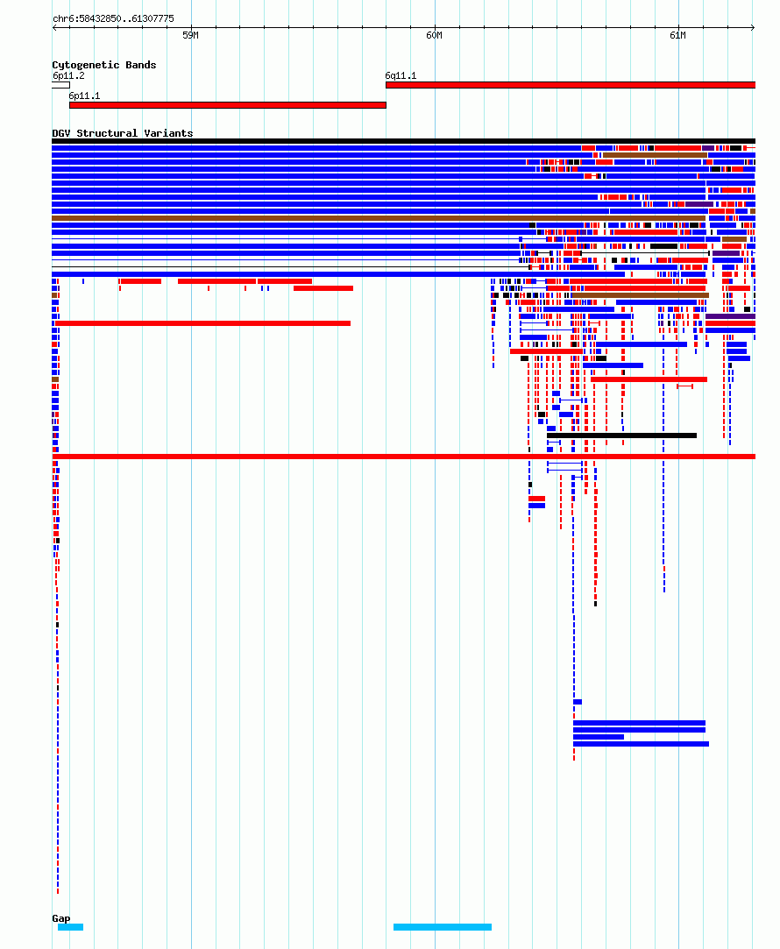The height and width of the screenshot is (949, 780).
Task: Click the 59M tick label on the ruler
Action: click(190, 36)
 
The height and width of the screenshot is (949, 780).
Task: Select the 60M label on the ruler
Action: click(434, 36)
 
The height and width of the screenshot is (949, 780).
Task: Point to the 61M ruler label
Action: click(677, 36)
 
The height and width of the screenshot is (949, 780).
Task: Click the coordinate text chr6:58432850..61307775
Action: click(113, 18)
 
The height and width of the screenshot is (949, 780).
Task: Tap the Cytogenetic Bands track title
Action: click(104, 65)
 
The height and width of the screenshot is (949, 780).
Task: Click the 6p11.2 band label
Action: click(68, 75)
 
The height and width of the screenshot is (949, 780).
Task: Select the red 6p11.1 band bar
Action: click(228, 105)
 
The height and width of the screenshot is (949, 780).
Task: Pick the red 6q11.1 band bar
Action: click(570, 85)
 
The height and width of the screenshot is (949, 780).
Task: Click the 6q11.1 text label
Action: click(401, 75)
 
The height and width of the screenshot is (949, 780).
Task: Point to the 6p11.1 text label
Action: click(84, 96)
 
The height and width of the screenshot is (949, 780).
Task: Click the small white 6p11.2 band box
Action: click(60, 85)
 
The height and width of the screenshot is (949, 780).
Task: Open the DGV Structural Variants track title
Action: click(122, 133)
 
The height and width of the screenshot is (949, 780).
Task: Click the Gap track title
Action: click(61, 918)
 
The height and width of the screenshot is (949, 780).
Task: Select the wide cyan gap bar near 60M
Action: click(443, 927)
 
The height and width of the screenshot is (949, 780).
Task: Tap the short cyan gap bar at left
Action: click(70, 927)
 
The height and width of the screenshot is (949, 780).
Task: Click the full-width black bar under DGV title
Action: click(404, 141)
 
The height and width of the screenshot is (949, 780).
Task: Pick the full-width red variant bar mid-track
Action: click(404, 457)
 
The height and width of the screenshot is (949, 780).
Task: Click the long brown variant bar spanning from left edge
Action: click(379, 218)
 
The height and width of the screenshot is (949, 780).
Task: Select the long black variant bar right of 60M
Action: click(621, 436)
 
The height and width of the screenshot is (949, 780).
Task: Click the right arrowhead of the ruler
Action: click(753, 27)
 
